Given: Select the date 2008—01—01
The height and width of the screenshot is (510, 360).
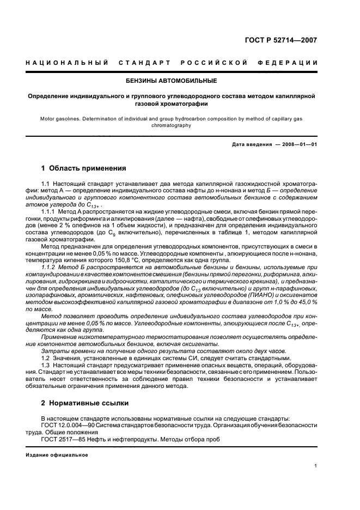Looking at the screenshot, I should tap(298, 144).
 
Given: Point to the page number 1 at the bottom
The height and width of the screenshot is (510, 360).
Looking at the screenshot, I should tap(316, 466).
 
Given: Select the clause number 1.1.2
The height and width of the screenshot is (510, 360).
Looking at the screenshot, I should tap(51, 266).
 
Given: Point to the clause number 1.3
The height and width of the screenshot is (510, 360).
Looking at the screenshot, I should tap(47, 366).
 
